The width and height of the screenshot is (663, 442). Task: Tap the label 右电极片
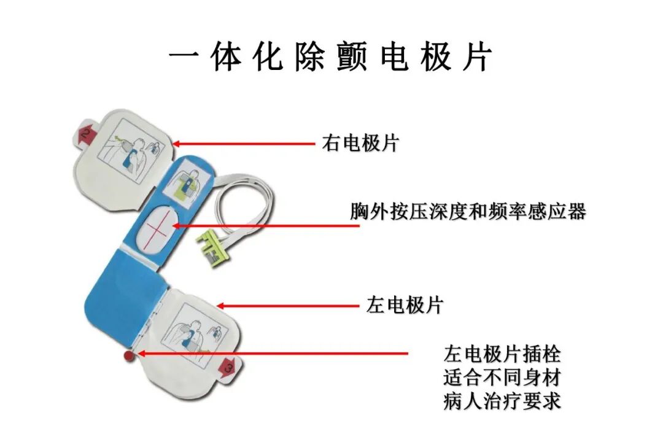360,144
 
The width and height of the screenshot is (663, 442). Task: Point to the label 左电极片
405,305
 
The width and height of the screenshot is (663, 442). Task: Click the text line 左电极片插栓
502,355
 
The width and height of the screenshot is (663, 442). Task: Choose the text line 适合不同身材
502,378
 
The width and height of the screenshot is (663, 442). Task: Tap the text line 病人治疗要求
502,401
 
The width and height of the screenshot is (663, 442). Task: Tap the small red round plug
128,355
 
